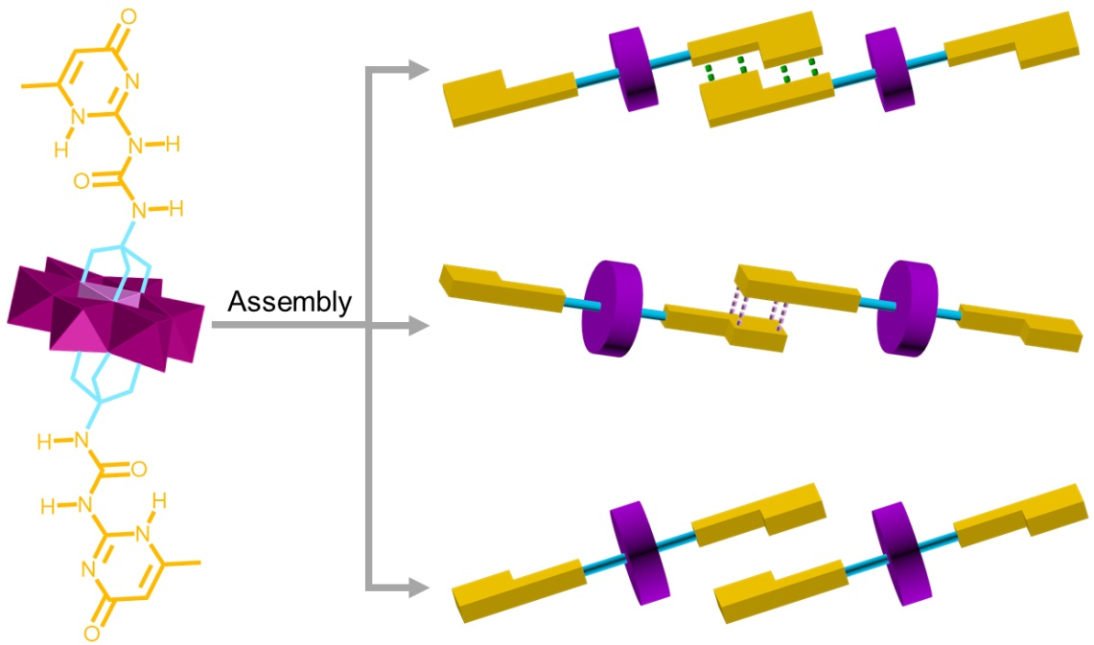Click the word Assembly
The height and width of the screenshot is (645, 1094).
[x=290, y=303]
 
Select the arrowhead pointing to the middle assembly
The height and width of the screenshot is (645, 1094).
[x=419, y=328]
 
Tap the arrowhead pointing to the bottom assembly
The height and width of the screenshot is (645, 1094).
[x=419, y=587]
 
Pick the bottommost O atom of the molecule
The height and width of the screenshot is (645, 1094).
[x=91, y=633]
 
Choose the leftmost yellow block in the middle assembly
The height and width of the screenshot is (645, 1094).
[x=499, y=290]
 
